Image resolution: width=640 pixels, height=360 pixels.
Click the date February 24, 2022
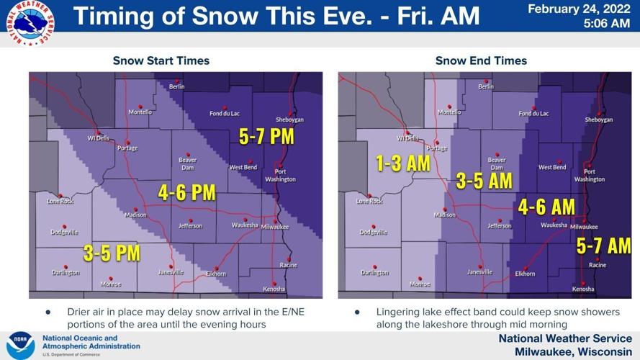579,9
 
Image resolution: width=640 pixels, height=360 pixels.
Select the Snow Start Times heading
161,60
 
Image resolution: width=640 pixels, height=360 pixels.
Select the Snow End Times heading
481,60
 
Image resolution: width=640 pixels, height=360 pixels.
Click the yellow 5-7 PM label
266,137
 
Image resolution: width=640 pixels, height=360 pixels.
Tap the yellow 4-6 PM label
186,192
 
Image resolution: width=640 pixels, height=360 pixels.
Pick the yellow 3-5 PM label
112,253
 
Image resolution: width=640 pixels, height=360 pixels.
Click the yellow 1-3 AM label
402,163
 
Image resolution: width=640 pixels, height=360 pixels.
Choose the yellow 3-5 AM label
484,181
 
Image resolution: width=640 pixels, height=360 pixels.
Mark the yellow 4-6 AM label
546,207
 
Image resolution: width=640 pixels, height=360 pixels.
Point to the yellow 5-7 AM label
603,246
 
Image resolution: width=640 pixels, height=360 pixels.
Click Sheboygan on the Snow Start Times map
291,120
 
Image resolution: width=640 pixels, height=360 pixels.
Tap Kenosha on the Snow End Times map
583,289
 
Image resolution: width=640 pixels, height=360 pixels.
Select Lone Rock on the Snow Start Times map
60,201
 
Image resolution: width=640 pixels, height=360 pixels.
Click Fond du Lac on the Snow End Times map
533,113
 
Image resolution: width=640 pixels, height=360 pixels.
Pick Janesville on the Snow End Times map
479,271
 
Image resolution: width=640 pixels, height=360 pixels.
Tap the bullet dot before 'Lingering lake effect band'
357,312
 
